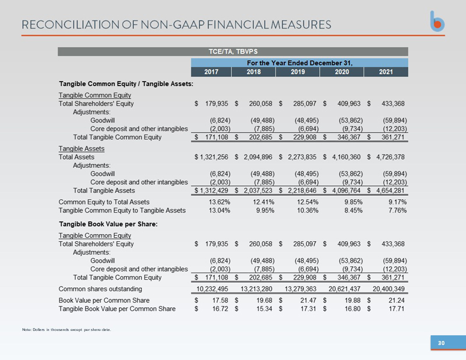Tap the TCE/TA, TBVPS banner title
[232, 51]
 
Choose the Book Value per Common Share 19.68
[263, 300]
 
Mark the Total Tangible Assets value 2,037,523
[257, 190]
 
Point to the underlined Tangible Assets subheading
[81, 149]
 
